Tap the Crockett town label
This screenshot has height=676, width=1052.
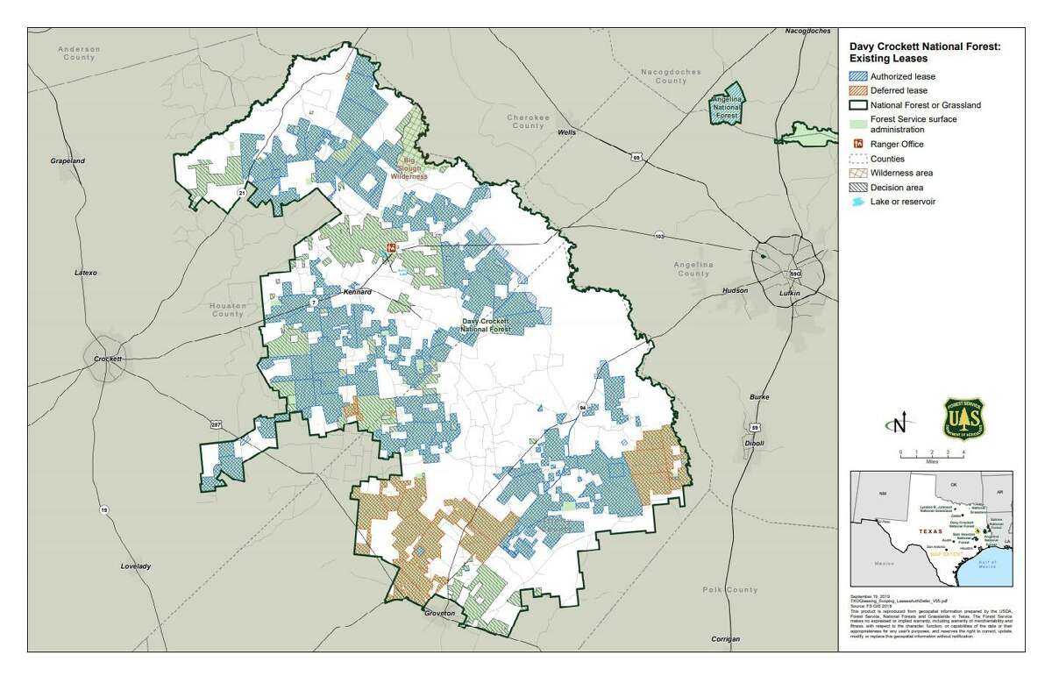110,359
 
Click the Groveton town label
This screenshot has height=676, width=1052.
439,614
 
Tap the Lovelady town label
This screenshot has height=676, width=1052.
136,566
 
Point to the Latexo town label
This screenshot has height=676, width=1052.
85,273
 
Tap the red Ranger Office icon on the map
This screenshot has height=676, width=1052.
392,248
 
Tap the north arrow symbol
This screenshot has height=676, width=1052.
899,425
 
